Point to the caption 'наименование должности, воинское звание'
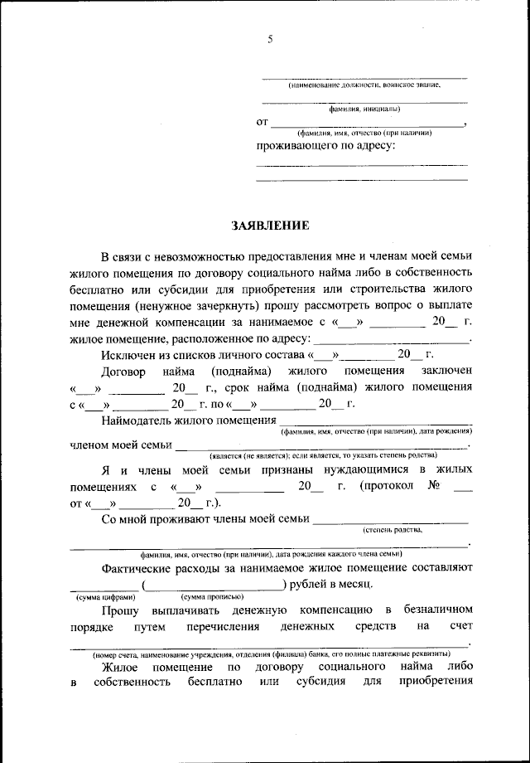click(x=364, y=85)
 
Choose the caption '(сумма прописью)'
click(x=211, y=597)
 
